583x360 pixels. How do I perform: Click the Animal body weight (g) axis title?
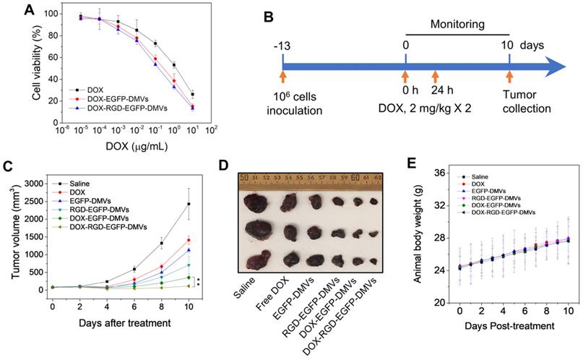click(414, 237)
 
